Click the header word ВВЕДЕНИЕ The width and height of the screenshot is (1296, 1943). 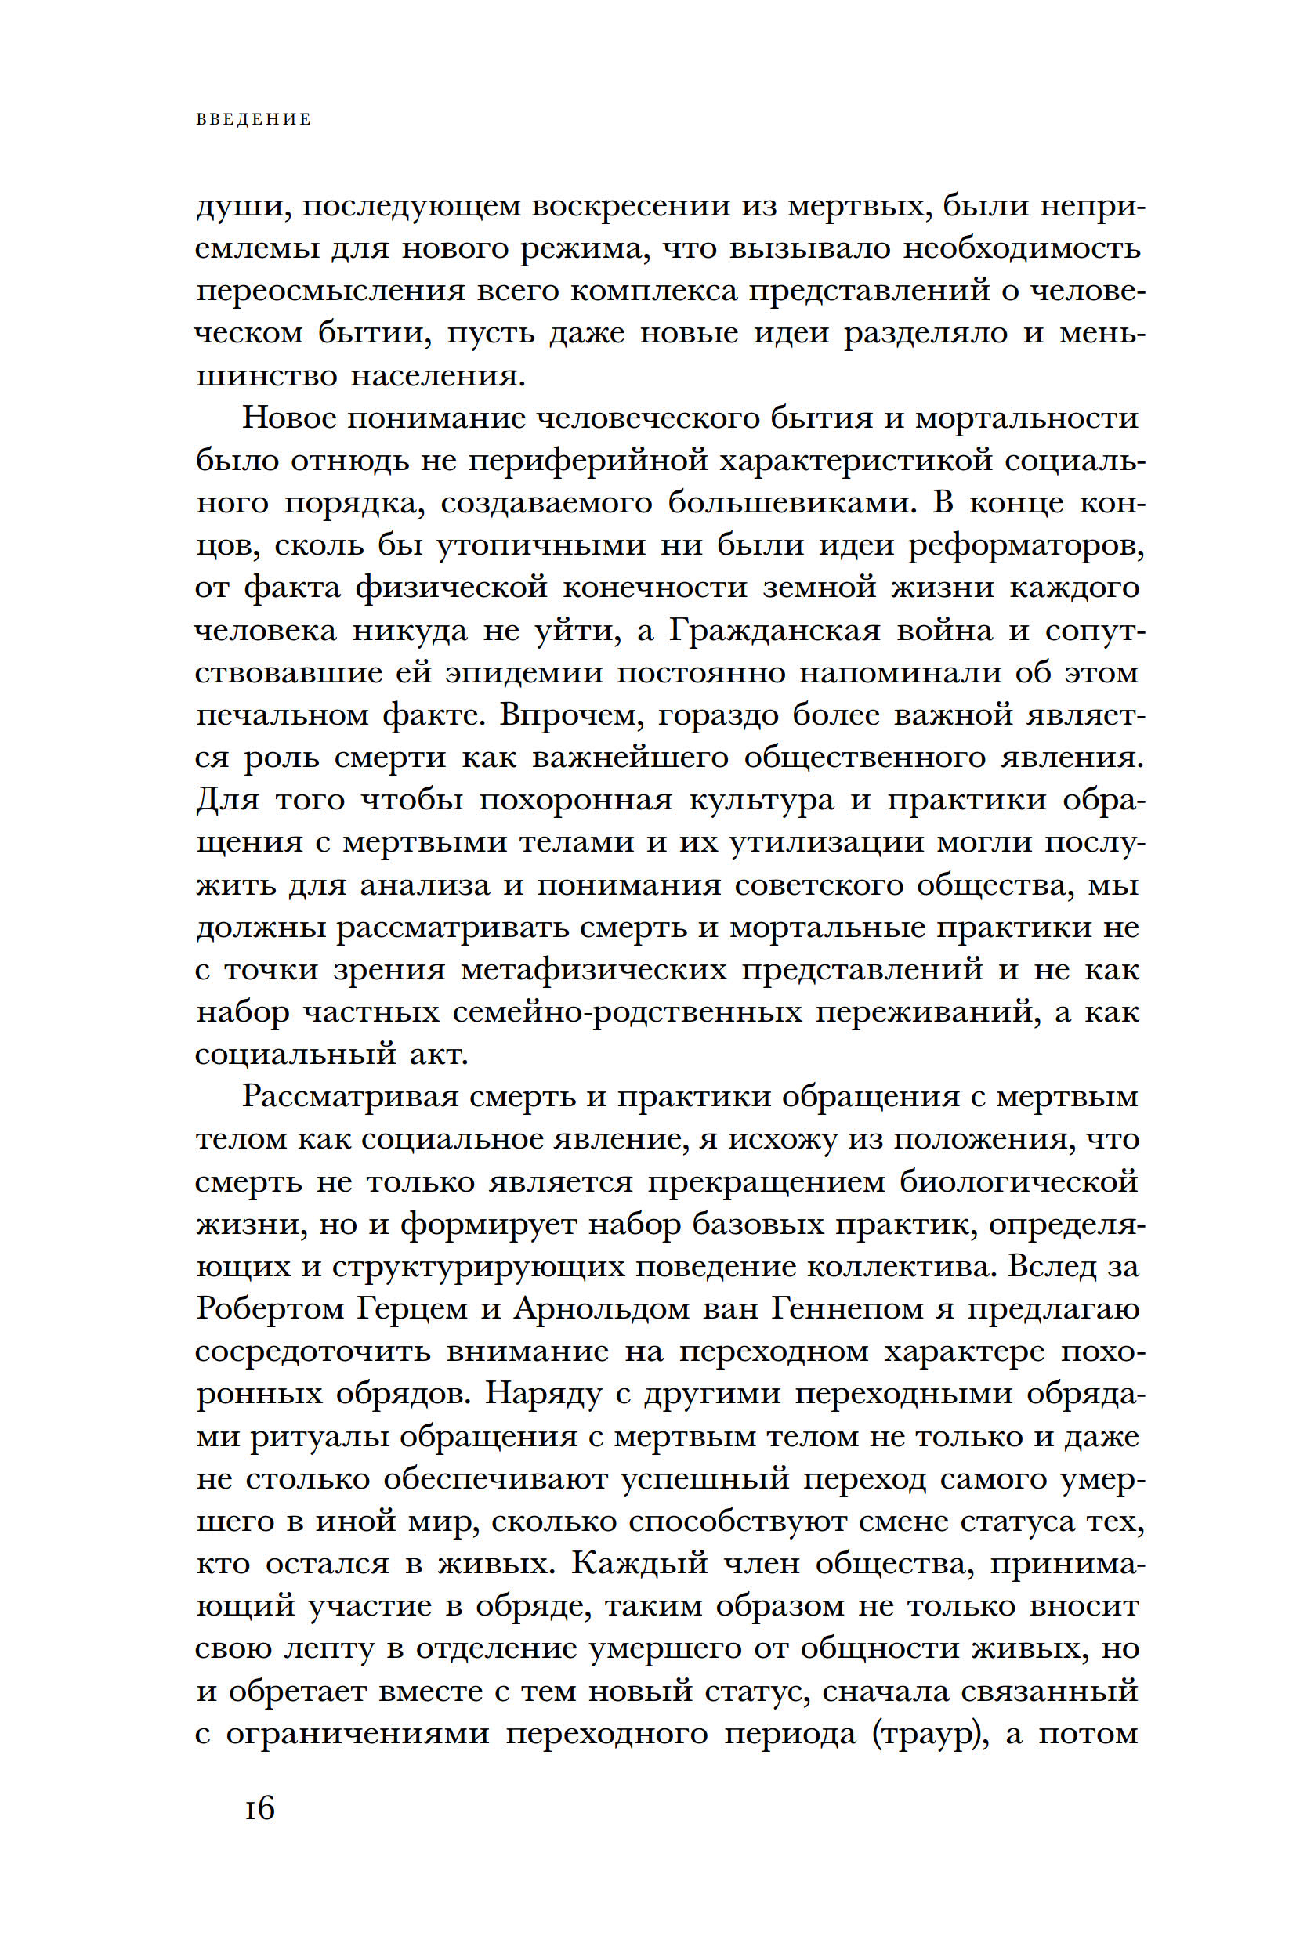point(254,120)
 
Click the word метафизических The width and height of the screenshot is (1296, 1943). point(593,969)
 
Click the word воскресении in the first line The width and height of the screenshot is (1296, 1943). point(631,207)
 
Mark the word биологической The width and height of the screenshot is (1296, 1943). point(1019,1181)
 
